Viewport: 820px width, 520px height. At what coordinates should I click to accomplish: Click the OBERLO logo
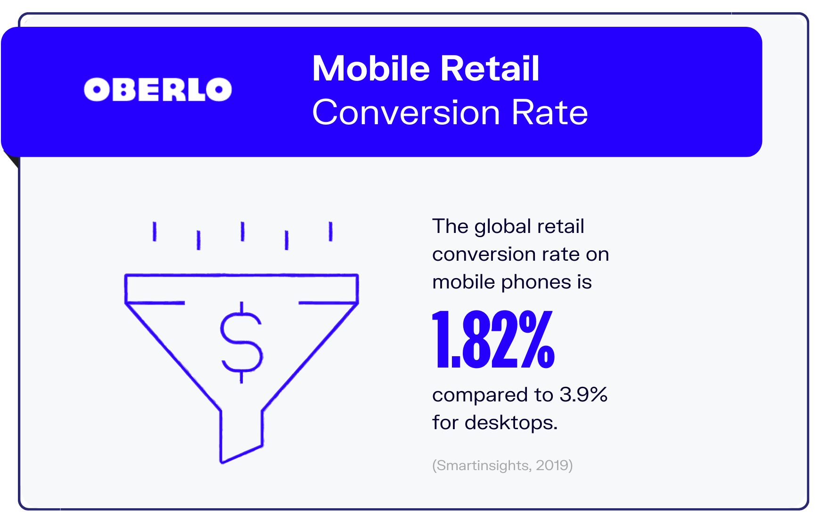pos(158,89)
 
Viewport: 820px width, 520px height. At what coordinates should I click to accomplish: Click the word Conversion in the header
pos(406,112)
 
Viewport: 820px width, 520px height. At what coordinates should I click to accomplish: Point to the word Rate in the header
pos(550,112)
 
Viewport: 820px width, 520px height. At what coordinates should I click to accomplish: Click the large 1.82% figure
pos(493,339)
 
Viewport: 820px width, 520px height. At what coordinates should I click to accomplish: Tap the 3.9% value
pos(583,394)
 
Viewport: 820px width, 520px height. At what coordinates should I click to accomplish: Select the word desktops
pos(511,422)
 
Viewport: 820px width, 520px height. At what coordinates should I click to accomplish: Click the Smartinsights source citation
pos(502,465)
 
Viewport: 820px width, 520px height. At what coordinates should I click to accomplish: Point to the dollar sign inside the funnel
pos(241,342)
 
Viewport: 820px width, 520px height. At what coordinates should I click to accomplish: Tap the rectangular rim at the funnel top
pos(241,288)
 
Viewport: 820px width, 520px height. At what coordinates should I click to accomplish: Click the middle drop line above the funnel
pos(242,232)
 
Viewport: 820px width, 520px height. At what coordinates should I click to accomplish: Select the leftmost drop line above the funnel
pos(155,232)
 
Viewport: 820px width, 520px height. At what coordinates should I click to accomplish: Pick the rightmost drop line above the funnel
pos(330,232)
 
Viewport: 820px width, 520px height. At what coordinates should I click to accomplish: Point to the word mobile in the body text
pos(464,282)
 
